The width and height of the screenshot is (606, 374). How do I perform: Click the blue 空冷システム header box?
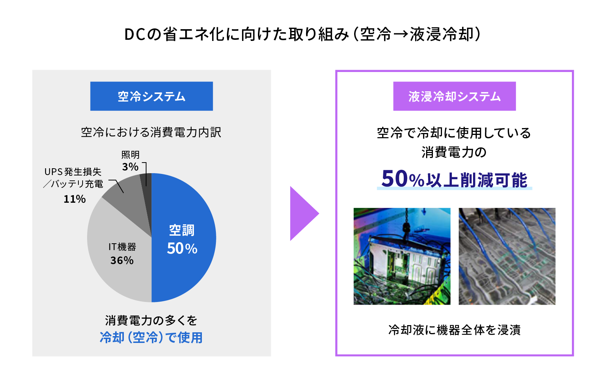pos(151,96)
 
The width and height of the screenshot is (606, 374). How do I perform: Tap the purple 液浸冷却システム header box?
pos(454,96)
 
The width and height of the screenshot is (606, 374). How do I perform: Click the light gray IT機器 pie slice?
pos(119,260)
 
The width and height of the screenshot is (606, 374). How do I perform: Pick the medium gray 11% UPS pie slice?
pos(127,200)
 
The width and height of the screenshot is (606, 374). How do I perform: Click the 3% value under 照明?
pos(130,167)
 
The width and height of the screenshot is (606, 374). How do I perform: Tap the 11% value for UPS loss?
pos(75,199)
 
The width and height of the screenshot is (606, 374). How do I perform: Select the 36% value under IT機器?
pos(122,260)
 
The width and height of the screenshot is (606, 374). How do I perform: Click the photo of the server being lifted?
pos(402,256)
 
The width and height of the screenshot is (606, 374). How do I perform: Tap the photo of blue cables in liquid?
pos(507,256)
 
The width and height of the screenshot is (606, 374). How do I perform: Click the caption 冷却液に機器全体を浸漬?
pos(454,330)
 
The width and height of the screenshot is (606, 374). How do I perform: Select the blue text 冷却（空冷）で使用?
pos(151,338)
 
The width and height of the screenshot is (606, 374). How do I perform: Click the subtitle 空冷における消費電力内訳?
pos(151,132)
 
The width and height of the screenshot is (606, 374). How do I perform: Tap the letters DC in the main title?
pos(135,34)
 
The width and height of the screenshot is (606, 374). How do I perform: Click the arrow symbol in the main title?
pos(400,34)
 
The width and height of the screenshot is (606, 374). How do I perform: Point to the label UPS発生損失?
pos(73,172)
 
